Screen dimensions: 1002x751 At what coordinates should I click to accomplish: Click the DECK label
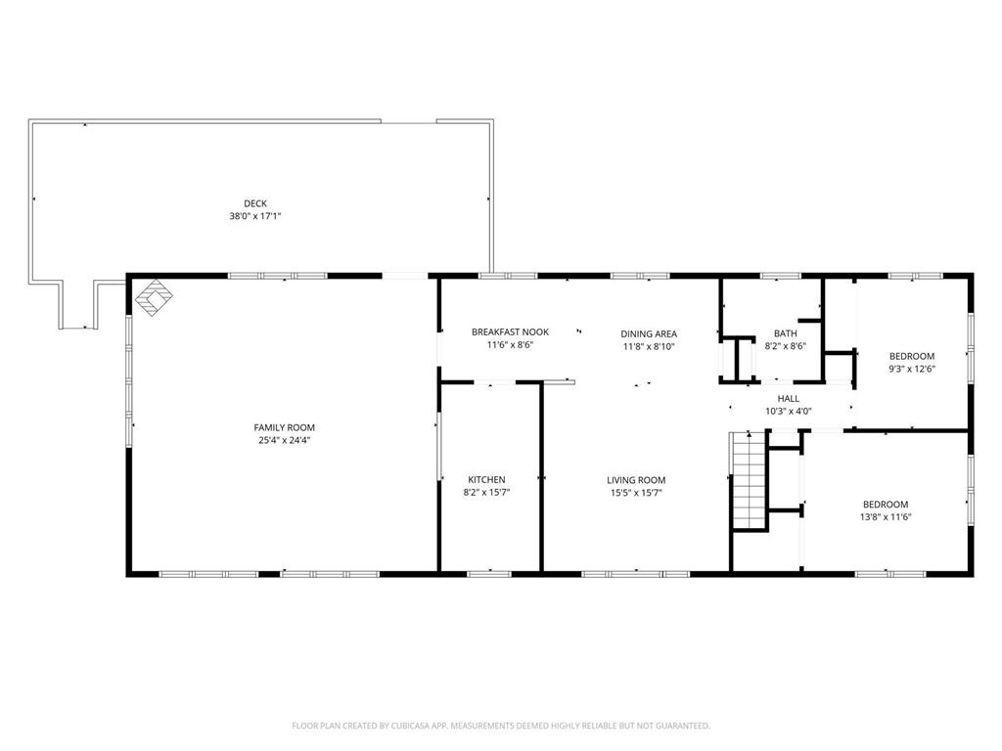(x=255, y=203)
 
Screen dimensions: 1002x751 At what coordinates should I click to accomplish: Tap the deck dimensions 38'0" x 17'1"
(x=255, y=216)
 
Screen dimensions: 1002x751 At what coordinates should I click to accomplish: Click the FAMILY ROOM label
(x=285, y=428)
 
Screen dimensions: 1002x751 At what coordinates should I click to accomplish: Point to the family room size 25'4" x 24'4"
(x=285, y=440)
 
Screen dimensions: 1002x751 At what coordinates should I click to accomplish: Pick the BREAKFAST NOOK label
(x=510, y=332)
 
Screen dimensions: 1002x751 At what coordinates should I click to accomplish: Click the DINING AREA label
(x=649, y=334)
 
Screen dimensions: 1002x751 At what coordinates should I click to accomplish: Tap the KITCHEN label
(x=486, y=479)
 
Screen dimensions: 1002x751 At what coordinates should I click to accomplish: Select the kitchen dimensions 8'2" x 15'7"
(x=486, y=493)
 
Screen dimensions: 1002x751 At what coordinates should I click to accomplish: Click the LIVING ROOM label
(x=636, y=480)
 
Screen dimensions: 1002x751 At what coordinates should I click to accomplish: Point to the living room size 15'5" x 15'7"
(x=636, y=493)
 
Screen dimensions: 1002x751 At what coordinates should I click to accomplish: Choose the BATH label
(x=786, y=333)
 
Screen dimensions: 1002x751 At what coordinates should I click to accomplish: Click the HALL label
(x=789, y=399)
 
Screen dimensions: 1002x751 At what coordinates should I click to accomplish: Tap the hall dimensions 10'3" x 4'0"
(x=789, y=412)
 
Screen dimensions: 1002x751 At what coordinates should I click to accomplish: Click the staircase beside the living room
(x=749, y=480)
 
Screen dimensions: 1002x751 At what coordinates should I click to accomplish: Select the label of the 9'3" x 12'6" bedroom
(x=912, y=356)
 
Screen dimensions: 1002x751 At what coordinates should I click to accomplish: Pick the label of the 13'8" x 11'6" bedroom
(x=885, y=505)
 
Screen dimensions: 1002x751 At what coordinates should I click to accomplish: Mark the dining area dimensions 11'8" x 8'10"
(x=649, y=347)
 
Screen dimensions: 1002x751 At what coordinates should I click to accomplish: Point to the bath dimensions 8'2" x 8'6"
(x=786, y=346)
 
